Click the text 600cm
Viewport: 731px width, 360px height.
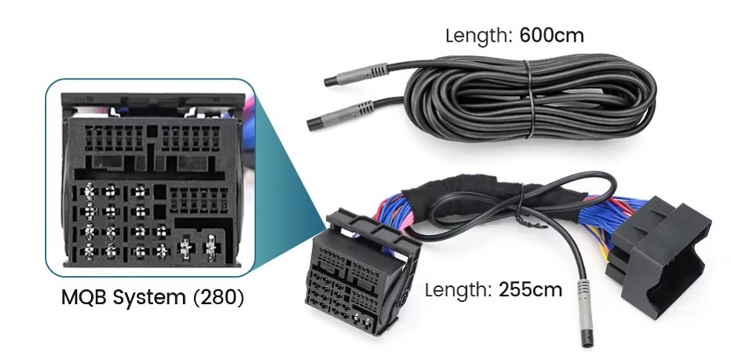(x=552, y=35)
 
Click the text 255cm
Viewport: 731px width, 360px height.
(x=531, y=289)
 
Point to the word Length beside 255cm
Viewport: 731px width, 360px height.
(x=458, y=290)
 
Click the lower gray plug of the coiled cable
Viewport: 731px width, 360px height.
(x=340, y=115)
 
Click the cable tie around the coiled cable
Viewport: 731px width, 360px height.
(x=530, y=99)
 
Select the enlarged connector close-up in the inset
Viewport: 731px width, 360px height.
(x=151, y=179)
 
